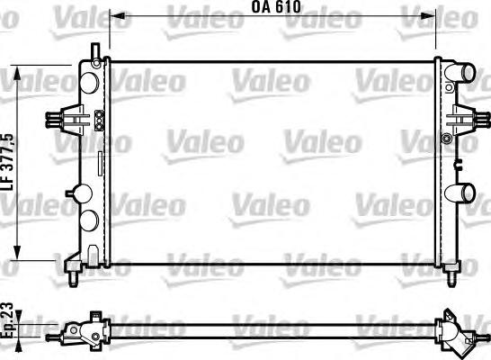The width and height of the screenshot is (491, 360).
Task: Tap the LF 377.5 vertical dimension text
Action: (x=8, y=161)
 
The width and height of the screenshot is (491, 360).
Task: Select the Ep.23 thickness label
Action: (x=8, y=320)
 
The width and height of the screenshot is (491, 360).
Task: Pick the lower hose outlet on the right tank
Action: (x=462, y=192)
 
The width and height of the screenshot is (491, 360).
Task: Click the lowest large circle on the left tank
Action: (x=88, y=221)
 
